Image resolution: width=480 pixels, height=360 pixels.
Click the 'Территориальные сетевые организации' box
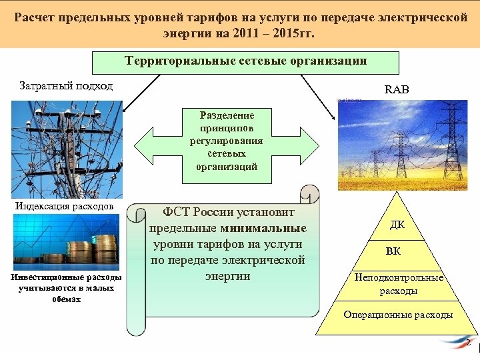(x=245, y=62)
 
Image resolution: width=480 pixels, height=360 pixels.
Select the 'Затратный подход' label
(x=64, y=86)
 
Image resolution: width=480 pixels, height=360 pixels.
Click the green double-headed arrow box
(x=227, y=141)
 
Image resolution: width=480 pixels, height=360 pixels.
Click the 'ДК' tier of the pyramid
(x=397, y=225)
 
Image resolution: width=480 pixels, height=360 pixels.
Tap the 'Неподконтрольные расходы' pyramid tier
(x=399, y=285)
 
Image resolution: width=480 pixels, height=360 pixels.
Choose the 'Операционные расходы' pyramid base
(x=397, y=315)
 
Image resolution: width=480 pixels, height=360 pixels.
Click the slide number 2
(x=468, y=343)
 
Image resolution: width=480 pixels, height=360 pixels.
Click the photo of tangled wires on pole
(x=67, y=147)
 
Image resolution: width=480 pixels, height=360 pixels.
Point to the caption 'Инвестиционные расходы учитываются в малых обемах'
(x=65, y=288)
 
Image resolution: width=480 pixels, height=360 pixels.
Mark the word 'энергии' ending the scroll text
(x=227, y=276)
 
